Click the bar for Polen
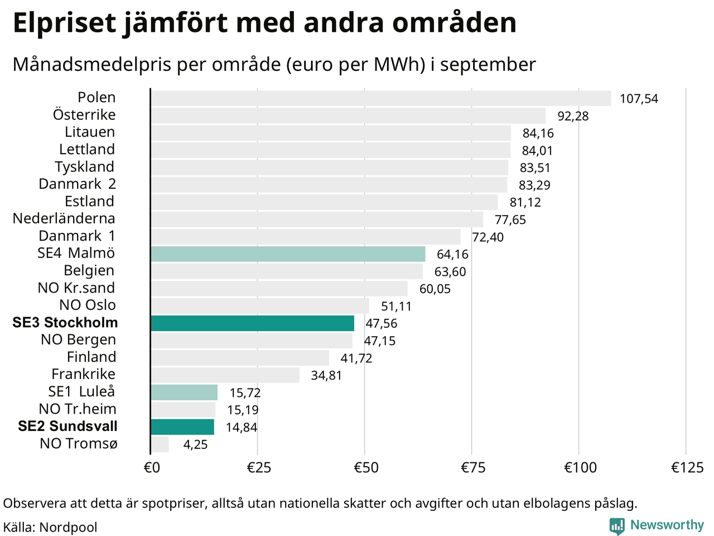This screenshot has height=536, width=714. (380, 98)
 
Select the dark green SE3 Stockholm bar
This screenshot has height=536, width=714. (252, 323)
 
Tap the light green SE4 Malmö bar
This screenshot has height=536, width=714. (288, 254)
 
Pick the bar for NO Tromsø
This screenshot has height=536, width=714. (160, 444)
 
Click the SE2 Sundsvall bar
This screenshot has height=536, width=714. (182, 427)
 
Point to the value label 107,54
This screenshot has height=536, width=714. (639, 99)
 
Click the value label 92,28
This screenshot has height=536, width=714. (573, 116)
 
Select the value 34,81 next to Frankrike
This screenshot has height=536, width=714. (326, 375)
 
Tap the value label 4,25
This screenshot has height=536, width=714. (195, 445)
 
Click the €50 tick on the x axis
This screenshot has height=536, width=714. (366, 467)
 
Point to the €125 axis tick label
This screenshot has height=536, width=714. (687, 467)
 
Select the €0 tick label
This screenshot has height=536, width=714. (152, 467)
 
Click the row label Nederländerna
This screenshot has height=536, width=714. (64, 218)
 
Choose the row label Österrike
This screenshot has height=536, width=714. (84, 114)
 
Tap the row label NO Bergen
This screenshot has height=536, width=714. (78, 339)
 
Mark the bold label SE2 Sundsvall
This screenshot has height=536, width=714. (67, 426)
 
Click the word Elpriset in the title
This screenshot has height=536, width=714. (65, 23)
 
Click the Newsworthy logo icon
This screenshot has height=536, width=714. (617, 525)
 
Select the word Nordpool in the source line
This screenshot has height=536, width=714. (68, 527)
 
